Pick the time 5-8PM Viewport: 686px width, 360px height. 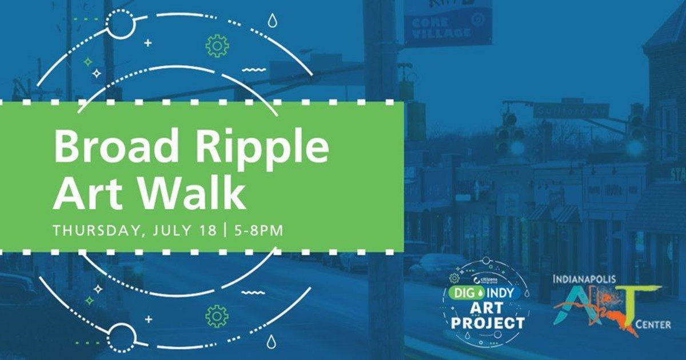click(x=256, y=231)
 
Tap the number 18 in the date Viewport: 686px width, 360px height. click(x=209, y=231)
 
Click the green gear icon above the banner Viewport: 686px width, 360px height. click(x=217, y=46)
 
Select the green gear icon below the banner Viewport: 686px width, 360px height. click(x=217, y=315)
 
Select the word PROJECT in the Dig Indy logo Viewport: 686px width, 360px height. click(x=488, y=323)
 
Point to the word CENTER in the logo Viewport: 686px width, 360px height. click(x=653, y=325)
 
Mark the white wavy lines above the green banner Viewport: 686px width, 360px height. click(x=254, y=70)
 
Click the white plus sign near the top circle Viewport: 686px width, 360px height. click(x=148, y=42)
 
